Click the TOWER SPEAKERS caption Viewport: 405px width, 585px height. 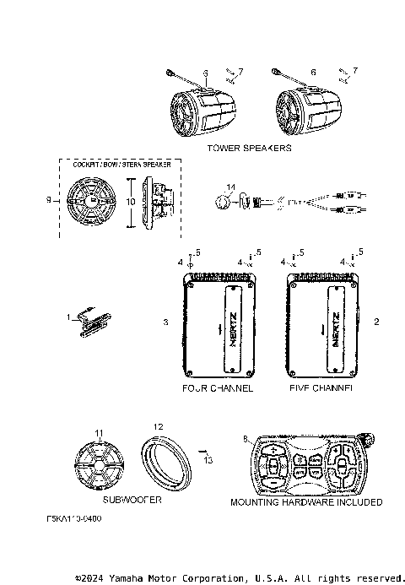coord(249,148)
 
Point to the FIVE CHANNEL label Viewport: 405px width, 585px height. coord(321,389)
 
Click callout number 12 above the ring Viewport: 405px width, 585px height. coord(158,426)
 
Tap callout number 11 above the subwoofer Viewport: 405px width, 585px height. coord(98,433)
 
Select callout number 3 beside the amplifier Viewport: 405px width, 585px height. coord(166,322)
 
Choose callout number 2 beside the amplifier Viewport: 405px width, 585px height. coord(376,322)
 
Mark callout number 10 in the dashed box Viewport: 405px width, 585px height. coord(129,203)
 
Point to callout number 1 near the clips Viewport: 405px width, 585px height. coord(68,317)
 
